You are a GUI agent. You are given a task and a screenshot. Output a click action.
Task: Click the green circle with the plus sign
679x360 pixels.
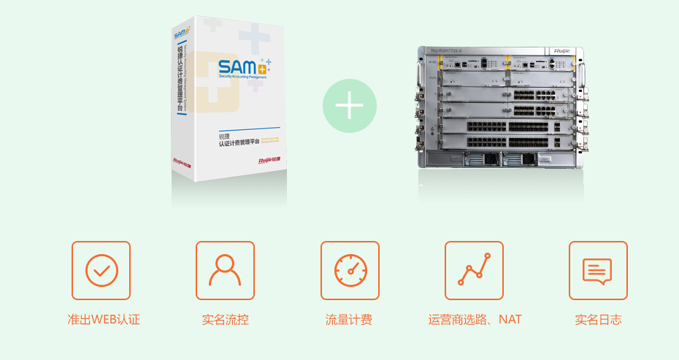(x=350, y=106)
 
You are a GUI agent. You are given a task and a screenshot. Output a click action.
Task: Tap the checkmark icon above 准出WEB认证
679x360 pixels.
(x=101, y=270)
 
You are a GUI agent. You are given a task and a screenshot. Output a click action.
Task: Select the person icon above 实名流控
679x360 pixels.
(x=225, y=270)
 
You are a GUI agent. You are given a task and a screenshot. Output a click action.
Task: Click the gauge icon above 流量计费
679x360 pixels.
(x=350, y=270)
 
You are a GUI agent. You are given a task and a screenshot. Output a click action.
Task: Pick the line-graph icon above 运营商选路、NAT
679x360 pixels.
(x=474, y=270)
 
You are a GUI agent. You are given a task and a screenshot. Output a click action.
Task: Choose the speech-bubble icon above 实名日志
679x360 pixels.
(x=598, y=270)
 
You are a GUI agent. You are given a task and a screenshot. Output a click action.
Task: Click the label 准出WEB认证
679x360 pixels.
(x=101, y=320)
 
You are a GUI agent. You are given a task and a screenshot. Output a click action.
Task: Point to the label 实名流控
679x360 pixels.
(x=225, y=320)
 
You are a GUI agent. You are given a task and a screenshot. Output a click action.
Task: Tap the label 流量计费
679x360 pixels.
(x=349, y=320)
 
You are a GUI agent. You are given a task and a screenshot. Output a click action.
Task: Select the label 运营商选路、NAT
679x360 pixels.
(x=475, y=320)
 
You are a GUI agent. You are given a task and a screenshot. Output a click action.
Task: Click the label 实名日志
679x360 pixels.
(x=598, y=320)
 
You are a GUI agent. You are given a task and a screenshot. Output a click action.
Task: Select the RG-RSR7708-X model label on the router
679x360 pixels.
(x=447, y=51)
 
